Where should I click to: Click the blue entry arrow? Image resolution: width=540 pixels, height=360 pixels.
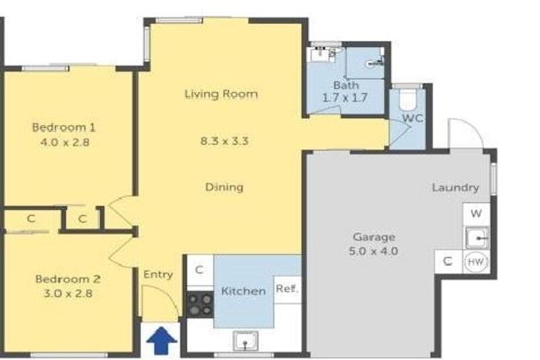tap(162, 342)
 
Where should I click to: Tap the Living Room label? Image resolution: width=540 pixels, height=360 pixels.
tap(221, 94)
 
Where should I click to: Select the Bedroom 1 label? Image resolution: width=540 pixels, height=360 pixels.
tap(63, 127)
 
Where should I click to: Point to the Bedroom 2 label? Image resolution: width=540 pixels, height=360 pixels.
tap(63, 278)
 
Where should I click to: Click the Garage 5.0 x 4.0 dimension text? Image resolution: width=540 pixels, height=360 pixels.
tap(373, 250)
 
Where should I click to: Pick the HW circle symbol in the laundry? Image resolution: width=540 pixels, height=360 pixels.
tap(476, 262)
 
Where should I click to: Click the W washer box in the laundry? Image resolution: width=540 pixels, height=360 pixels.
tap(476, 212)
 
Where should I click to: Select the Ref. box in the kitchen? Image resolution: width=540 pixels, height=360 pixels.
tap(287, 288)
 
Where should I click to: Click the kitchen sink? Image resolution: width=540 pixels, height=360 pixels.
tap(245, 342)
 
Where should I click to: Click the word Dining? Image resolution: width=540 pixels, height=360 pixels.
tap(224, 187)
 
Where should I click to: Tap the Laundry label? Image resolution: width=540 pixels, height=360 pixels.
tap(456, 188)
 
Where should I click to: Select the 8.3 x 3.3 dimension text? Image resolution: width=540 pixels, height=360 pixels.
tap(224, 141)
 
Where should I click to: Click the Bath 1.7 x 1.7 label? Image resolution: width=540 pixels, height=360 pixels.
tap(345, 91)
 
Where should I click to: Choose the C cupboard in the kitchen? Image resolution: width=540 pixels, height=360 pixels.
tap(200, 269)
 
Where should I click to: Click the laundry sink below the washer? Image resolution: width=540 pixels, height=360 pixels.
tap(476, 237)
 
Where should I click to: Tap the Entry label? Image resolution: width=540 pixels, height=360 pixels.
tap(158, 274)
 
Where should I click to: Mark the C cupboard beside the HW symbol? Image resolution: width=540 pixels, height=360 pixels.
tap(448, 262)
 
